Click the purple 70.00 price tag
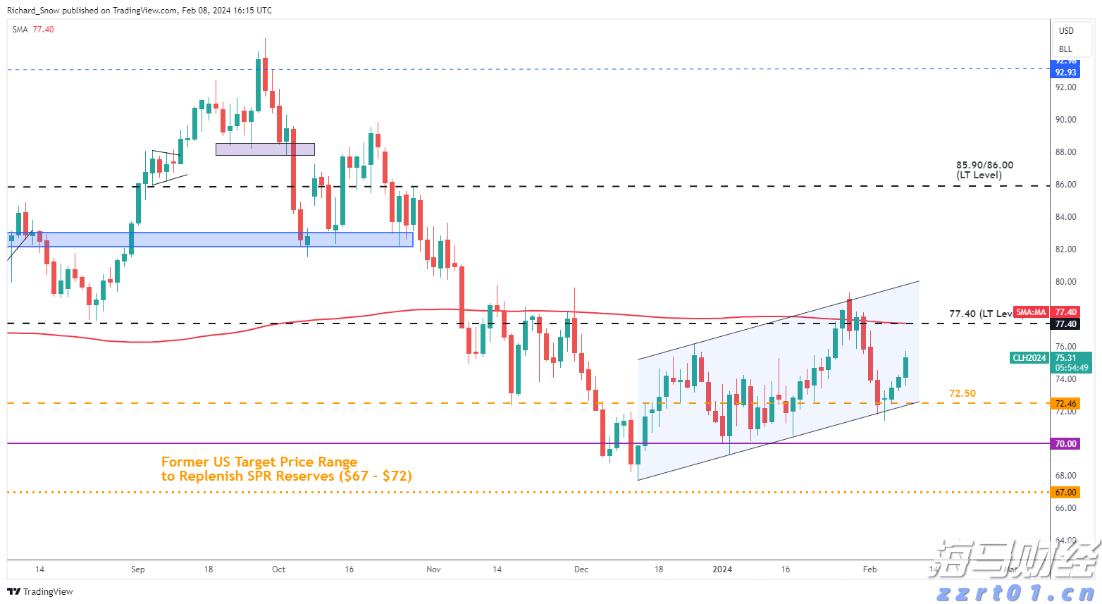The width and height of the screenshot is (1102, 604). click(1065, 444)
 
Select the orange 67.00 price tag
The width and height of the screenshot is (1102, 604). click(1065, 493)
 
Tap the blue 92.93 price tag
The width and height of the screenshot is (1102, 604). click(1065, 73)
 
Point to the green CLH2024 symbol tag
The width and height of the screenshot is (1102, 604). click(1029, 358)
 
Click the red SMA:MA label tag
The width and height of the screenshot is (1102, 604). click(1031, 312)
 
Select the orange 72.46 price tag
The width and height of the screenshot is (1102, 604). click(1065, 404)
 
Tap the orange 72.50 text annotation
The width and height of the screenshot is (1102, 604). click(962, 394)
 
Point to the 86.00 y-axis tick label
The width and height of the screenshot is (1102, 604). click(1065, 185)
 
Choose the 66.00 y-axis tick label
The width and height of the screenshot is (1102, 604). click(1065, 508)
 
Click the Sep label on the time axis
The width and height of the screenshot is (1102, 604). click(138, 569)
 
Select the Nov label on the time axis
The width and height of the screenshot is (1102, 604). click(433, 569)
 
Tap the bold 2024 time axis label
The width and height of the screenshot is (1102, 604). click(722, 569)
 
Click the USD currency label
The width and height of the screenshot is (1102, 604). click(1066, 31)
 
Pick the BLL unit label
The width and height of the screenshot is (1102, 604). click(1065, 49)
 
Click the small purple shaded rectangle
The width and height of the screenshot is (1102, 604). click(265, 149)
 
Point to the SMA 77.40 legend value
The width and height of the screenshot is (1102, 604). click(43, 30)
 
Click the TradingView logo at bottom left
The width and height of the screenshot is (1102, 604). click(40, 591)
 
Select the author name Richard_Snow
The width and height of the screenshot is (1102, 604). click(33, 11)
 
